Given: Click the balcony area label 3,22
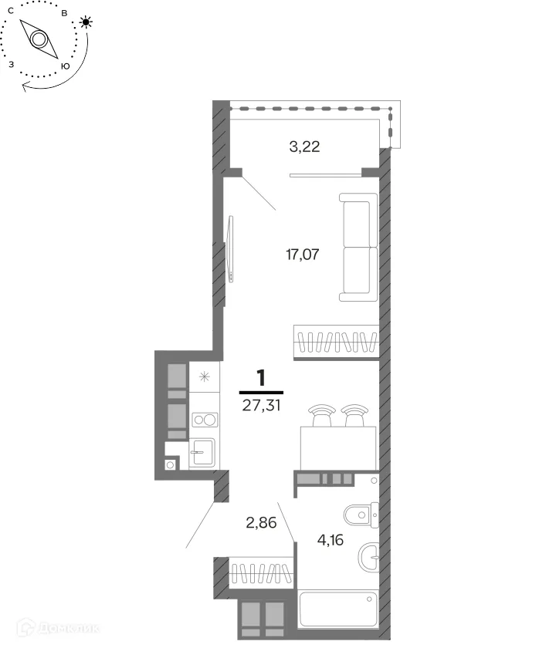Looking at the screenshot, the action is tap(304, 147).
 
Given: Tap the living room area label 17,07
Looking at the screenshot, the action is tap(303, 254).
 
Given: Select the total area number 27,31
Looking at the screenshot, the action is tap(262, 406).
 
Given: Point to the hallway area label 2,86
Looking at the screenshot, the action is tap(261, 523).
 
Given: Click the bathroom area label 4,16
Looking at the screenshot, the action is tap(331, 540).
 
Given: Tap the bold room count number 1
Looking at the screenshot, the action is tap(261, 378).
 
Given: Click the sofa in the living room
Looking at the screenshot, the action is tap(358, 247).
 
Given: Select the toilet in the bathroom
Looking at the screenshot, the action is tap(361, 515).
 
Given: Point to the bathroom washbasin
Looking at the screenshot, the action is tap(368, 557).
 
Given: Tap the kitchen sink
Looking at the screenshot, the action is tap(202, 453).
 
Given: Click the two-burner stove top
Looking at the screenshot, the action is tap(205, 420).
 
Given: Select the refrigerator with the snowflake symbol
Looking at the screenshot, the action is tap(205, 377).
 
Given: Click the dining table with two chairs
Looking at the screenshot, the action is tap(338, 437).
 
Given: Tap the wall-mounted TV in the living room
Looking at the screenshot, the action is tap(230, 248).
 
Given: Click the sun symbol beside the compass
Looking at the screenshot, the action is tap(86, 22).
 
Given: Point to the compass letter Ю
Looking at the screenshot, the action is tap(65, 66).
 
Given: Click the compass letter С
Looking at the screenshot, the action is tap(11, 11).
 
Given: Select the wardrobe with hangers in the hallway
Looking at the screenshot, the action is tap(261, 572).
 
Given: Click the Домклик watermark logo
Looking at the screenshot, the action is tap(57, 629).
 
